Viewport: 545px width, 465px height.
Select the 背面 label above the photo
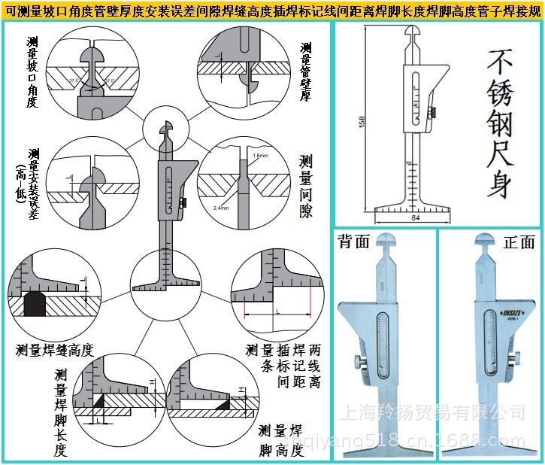point(354,242)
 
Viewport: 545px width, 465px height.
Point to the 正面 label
point(519,242)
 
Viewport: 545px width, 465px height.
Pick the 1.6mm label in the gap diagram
point(260,155)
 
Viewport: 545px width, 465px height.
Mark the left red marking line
point(244,309)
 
